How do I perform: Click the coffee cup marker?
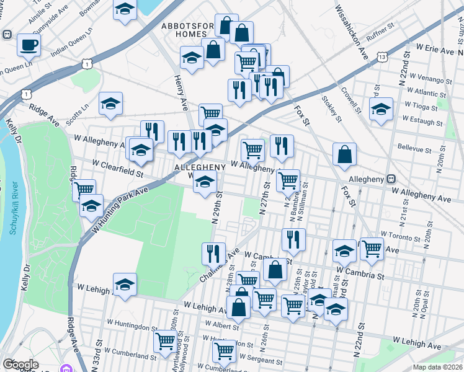tap(29, 44)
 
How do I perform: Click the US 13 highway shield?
tap(383, 57)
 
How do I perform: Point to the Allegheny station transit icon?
tap(391, 179)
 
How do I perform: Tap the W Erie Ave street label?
tap(440, 47)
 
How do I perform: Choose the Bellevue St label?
tap(414, 149)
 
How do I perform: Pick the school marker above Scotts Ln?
tap(110, 104)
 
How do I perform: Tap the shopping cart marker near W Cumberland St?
tap(165, 341)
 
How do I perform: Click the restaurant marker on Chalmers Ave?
tap(213, 253)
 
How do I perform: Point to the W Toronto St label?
tap(401, 236)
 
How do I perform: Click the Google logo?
tap(20, 365)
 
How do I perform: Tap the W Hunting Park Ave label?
tap(120, 210)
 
